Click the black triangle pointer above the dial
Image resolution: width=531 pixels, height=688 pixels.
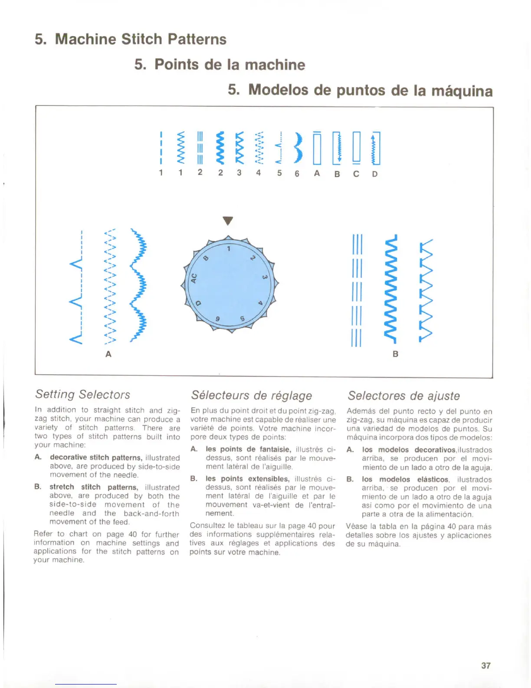pyautogui.click(x=228, y=221)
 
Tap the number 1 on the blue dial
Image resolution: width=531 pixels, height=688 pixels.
pyautogui.click(x=229, y=249)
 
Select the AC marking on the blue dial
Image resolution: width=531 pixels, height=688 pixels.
pyautogui.click(x=194, y=278)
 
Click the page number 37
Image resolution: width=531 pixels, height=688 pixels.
pyautogui.click(x=485, y=665)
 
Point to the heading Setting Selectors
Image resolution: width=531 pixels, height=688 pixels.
pyautogui.click(x=82, y=394)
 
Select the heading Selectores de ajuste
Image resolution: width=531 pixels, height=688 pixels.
pyautogui.click(x=403, y=396)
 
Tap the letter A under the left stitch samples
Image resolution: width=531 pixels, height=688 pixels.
pyautogui.click(x=108, y=354)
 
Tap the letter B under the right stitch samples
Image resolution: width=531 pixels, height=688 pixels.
pyautogui.click(x=395, y=354)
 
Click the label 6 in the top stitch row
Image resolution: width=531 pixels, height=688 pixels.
pyautogui.click(x=297, y=174)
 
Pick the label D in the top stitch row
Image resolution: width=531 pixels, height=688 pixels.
pyautogui.click(x=375, y=174)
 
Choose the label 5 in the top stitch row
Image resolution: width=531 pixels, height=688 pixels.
pyautogui.click(x=279, y=173)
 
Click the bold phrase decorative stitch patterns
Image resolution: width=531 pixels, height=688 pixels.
pyautogui.click(x=96, y=457)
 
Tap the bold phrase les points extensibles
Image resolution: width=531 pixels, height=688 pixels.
pyautogui.click(x=247, y=479)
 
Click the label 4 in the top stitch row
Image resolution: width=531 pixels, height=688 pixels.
pyautogui.click(x=259, y=172)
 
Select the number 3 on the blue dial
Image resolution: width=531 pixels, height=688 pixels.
pyautogui.click(x=264, y=278)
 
